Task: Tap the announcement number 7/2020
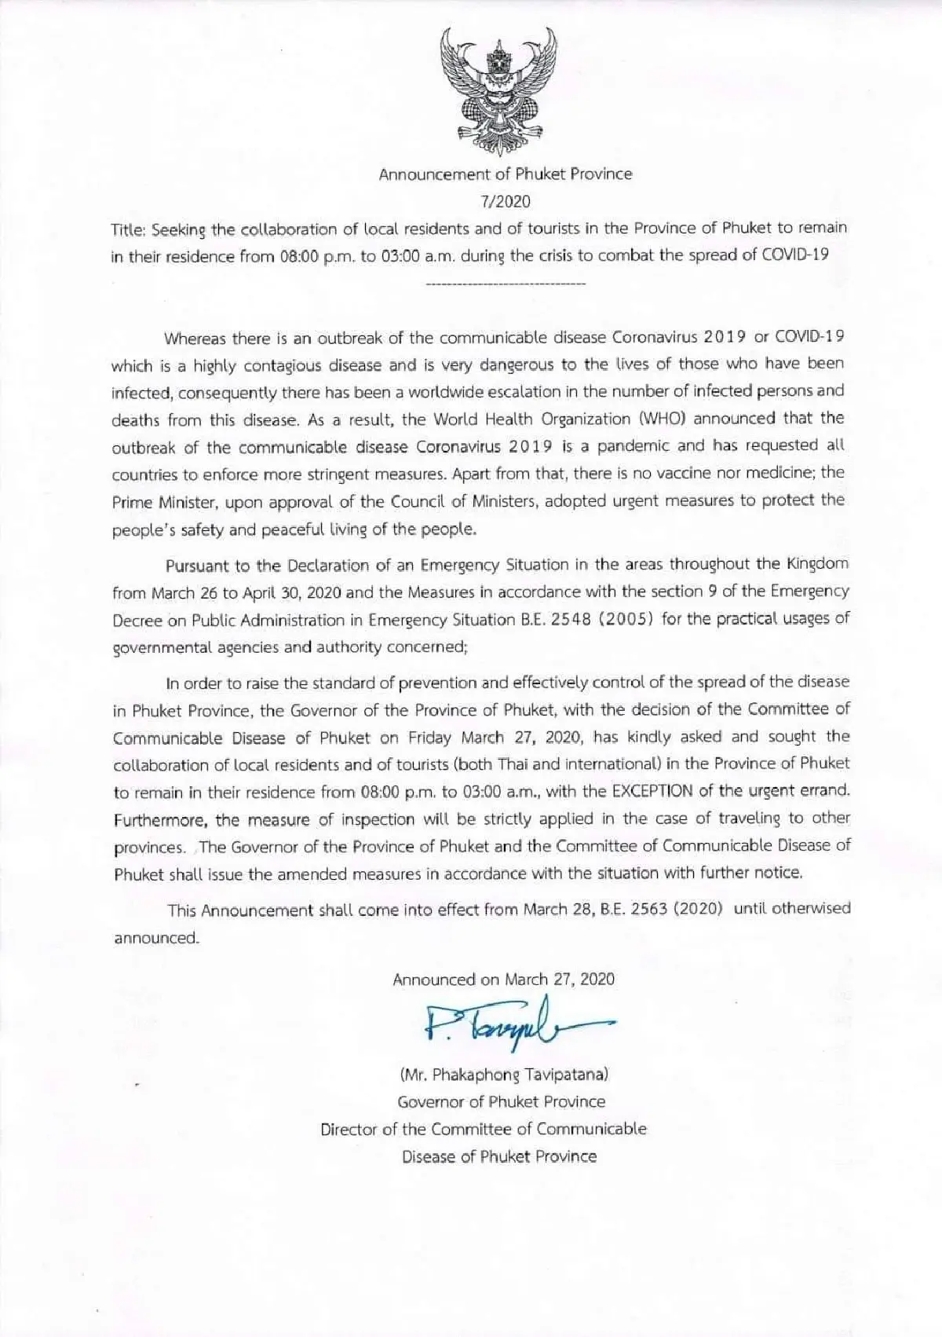[506, 201]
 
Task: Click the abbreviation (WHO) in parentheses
[661, 419]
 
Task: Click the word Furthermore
[161, 819]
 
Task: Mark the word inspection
[378, 819]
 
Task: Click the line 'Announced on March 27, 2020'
[503, 980]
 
